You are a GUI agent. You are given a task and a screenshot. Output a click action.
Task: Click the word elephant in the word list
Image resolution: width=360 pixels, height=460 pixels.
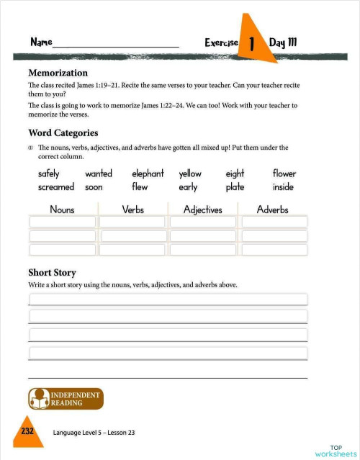(148, 173)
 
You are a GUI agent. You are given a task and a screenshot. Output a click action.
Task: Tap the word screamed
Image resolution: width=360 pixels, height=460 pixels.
(55, 187)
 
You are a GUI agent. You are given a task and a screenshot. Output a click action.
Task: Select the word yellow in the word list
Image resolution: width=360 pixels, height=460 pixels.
(190, 173)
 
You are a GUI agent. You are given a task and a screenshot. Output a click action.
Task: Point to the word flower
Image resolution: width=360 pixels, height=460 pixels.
(284, 173)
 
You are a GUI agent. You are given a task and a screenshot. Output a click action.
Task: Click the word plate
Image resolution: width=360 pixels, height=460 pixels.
(235, 187)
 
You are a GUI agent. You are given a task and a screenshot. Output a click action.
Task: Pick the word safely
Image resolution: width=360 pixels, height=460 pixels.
(49, 173)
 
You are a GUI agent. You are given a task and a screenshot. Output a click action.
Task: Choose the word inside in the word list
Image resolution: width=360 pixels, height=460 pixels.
(283, 187)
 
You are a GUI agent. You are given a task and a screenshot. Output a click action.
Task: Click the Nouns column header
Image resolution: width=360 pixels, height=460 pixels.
(62, 209)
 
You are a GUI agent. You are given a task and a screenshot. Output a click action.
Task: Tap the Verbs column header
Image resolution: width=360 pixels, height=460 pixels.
(132, 209)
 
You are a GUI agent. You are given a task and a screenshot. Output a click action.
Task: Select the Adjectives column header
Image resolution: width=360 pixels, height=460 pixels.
(202, 209)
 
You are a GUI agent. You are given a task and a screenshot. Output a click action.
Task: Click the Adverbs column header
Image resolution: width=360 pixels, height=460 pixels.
(272, 209)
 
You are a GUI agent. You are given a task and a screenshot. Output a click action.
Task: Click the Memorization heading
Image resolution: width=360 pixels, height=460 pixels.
(58, 73)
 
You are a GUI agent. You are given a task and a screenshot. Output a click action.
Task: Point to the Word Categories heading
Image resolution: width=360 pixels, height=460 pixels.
(63, 133)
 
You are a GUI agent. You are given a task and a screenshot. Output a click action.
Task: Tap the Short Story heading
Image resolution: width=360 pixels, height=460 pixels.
(52, 273)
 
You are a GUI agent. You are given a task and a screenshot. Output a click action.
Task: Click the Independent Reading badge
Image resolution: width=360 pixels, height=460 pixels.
(65, 399)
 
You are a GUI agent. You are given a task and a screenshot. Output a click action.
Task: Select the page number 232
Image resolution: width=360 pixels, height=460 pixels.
(27, 430)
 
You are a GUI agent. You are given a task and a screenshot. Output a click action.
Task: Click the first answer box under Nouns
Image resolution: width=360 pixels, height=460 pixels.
(62, 222)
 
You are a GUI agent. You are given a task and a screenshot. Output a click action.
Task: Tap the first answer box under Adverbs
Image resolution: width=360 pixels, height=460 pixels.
(274, 222)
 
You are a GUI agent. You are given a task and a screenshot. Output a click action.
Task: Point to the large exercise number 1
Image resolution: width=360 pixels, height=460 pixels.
(252, 44)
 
